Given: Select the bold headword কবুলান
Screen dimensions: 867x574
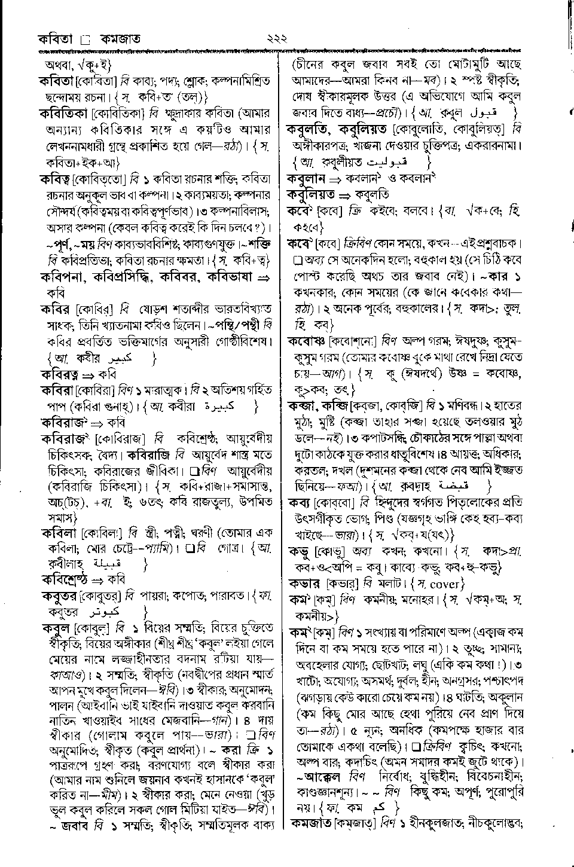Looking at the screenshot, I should point(306,178).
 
